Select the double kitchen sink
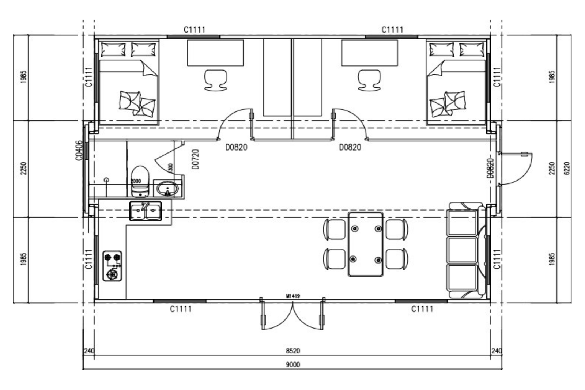(146, 211)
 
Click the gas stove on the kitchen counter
(112, 266)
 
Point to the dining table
(366, 244)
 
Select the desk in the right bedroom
(369, 53)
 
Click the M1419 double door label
(293, 296)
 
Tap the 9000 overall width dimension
(292, 364)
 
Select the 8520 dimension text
(292, 351)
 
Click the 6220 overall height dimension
(567, 169)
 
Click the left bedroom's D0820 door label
(236, 147)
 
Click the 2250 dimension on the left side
(23, 169)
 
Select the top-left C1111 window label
(194, 30)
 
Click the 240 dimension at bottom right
(496, 351)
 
